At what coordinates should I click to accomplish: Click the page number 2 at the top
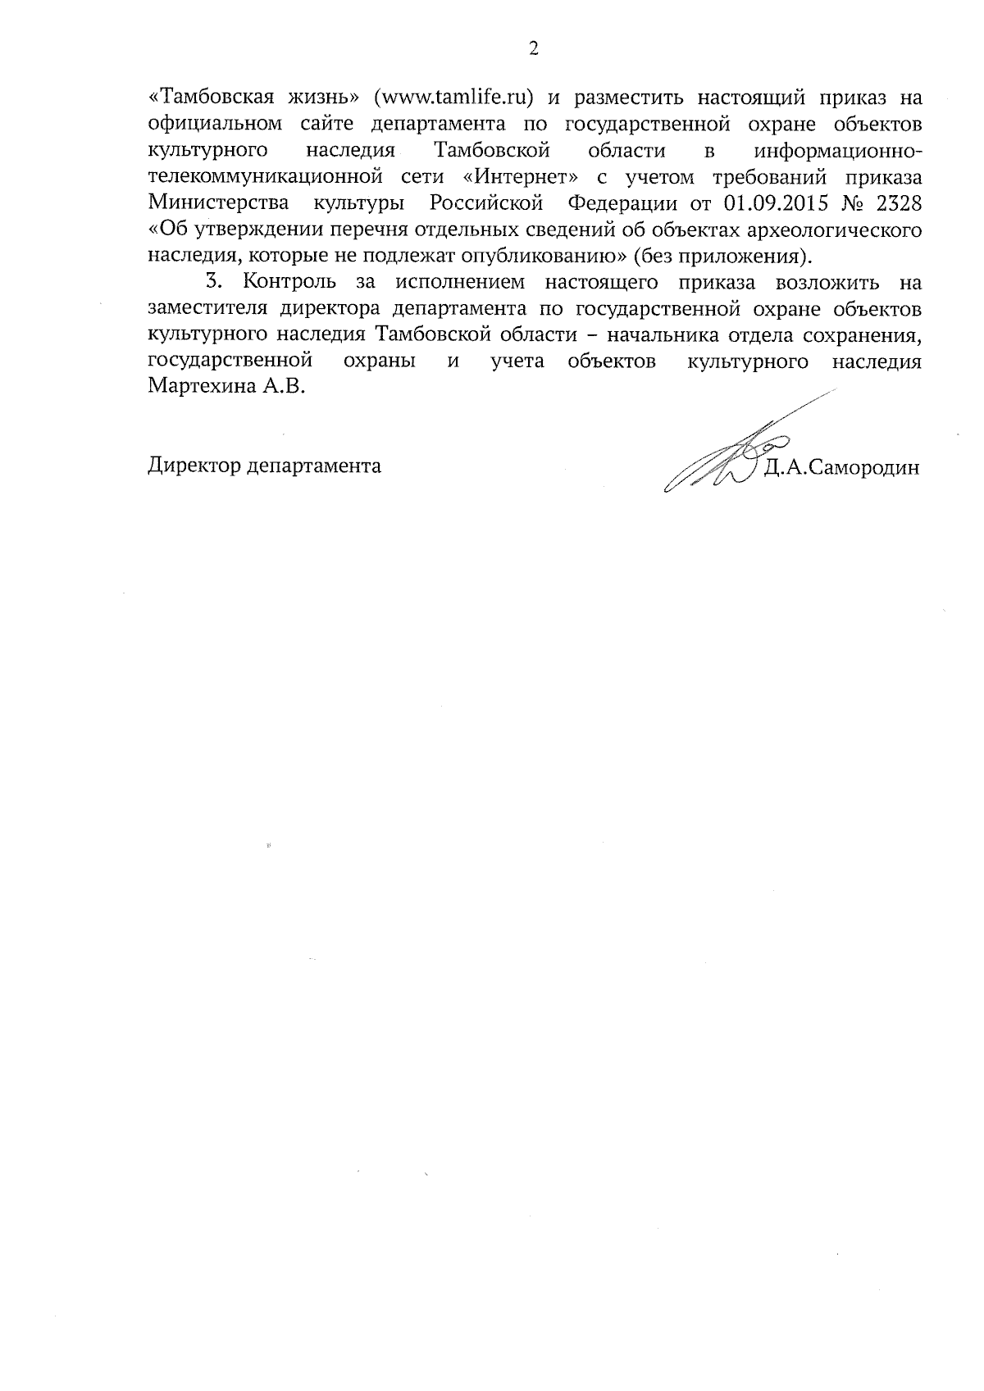534,49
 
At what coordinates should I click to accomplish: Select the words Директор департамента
264,466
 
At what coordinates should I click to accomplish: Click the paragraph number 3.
213,283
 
